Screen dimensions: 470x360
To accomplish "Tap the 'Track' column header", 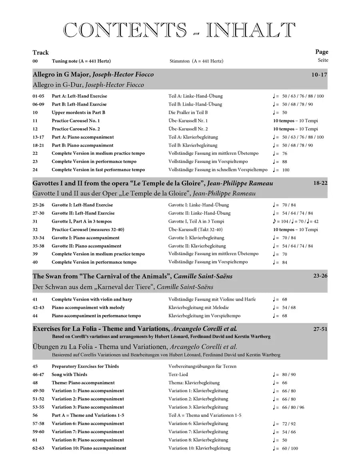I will (40, 52).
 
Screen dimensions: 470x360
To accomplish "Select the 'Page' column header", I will (322, 52).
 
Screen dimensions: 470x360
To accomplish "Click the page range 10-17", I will (319, 74).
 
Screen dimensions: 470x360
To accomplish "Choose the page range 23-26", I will (320, 276).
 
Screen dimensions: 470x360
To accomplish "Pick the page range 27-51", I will (320, 329).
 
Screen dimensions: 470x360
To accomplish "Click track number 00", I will (35, 61).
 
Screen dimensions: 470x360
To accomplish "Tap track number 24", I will (35, 170).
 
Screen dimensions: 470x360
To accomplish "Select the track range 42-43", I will (38, 308).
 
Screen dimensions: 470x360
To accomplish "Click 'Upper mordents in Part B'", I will (78, 113).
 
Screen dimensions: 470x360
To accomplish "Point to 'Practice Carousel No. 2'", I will (76, 129).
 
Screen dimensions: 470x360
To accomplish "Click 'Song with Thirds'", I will (69, 374).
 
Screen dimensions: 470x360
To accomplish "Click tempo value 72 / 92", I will (289, 424).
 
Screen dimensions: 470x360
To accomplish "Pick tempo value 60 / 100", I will (290, 448).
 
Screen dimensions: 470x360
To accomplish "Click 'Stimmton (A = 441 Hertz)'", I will (196, 61).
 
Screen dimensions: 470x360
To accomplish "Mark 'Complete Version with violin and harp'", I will (92, 299).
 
